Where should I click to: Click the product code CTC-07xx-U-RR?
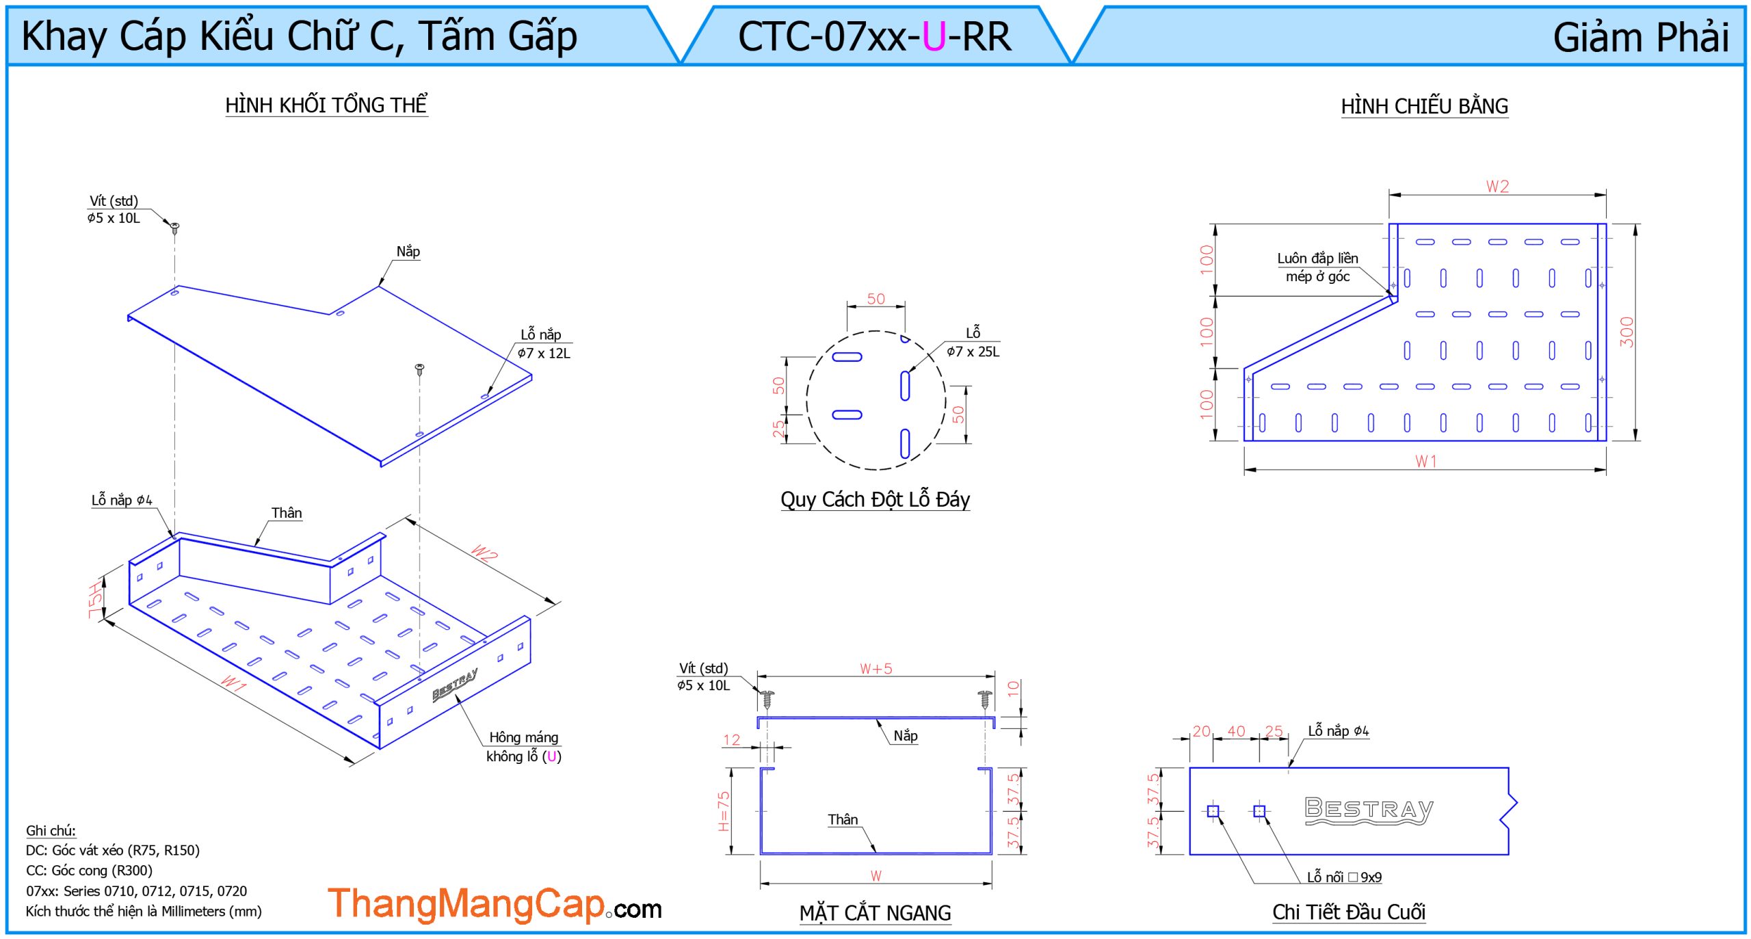coord(874,36)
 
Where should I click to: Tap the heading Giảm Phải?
coord(1641,37)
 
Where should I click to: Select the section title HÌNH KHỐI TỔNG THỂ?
coord(326,105)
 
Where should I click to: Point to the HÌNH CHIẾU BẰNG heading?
coord(1424,106)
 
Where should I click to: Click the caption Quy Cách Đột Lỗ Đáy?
coord(875,499)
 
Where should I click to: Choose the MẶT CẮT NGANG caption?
coord(875,913)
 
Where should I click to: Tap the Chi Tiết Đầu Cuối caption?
coord(1348,912)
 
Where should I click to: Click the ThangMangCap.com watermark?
coord(495,904)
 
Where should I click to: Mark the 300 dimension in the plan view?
coord(1627,332)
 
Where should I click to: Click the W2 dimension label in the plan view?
coord(1497,186)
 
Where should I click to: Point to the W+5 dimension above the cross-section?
coord(875,668)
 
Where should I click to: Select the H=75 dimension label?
coord(724,811)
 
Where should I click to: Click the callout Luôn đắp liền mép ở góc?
coord(1317,267)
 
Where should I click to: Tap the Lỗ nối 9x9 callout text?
coord(1344,877)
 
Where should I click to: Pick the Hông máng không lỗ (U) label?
coord(524,746)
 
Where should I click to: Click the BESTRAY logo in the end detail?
coord(1369,810)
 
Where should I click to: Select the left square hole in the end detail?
coord(1213,811)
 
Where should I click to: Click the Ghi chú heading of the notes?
coord(51,830)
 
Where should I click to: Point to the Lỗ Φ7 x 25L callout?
coord(973,342)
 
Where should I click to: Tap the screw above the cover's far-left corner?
coord(174,228)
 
